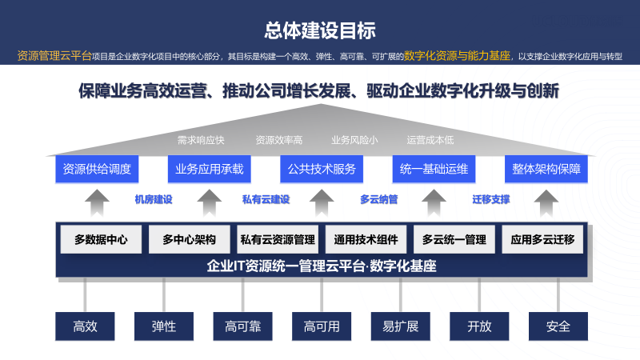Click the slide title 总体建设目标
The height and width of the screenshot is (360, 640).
pos(320,30)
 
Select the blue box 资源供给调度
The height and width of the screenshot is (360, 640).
pos(97,169)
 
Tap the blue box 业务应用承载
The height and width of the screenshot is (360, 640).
pos(210,169)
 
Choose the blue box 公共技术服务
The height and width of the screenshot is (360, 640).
pos(322,169)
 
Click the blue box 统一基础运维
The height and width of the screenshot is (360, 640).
pos(434,169)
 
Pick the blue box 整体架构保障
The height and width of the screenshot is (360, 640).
pos(546,169)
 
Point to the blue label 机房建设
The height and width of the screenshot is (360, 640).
pos(154,199)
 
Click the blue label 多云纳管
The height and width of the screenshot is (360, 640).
pos(378,199)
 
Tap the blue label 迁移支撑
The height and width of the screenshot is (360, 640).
pos(491,199)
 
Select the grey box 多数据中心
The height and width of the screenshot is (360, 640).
pos(101,239)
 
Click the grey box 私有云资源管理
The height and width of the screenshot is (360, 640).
pos(278,239)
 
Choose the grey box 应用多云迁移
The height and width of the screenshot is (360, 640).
pos(542,239)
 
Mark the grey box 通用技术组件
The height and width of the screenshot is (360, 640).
pos(366,239)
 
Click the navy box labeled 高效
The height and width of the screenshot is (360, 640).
pos(85,326)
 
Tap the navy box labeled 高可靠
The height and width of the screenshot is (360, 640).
pos(242,326)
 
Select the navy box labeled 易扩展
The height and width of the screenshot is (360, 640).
pos(401,326)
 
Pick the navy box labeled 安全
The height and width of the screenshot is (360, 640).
pos(558,326)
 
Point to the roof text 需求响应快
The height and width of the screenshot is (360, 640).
pos(201,141)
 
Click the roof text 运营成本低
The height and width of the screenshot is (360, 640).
pos(430,141)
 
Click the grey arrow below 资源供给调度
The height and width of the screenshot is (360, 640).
pos(97,203)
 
